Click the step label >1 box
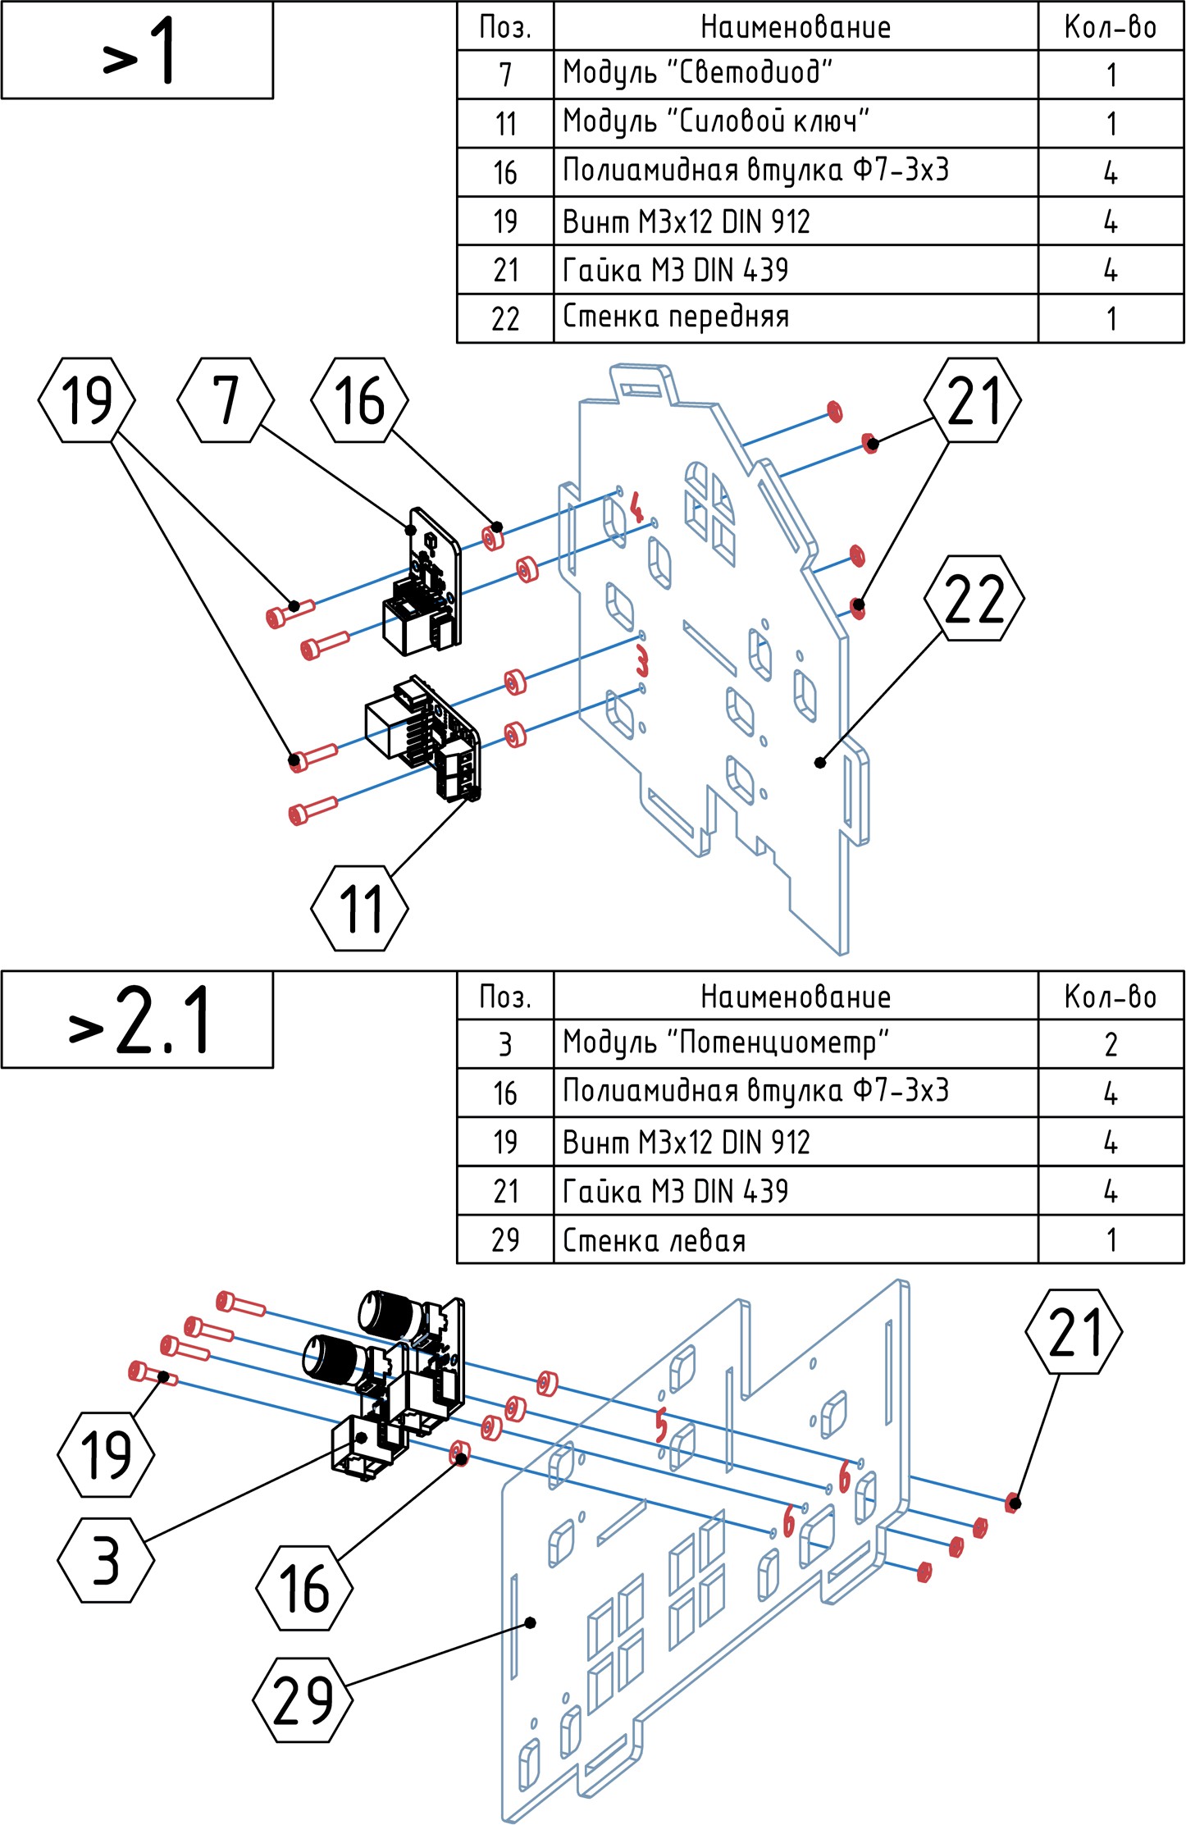point(137,50)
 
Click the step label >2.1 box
point(137,1020)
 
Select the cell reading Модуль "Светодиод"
point(795,75)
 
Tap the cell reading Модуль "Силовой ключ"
point(795,123)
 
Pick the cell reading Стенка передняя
point(795,318)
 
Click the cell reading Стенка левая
point(795,1239)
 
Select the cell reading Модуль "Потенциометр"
point(795,1044)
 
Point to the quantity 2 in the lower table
point(1111,1044)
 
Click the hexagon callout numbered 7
point(226,400)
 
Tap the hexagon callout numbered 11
point(359,908)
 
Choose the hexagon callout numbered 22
point(974,598)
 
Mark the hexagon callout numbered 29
point(303,1700)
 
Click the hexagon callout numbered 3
point(106,1560)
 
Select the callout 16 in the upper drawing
point(359,400)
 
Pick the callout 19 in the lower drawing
point(106,1454)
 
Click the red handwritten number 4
point(636,507)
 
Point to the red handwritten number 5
point(661,1425)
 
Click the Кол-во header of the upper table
point(1111,26)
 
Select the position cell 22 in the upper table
point(505,318)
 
